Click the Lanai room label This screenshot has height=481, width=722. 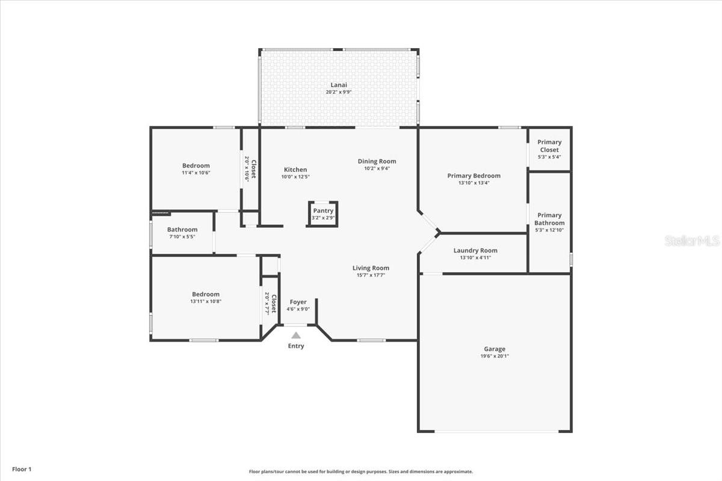pos(339,85)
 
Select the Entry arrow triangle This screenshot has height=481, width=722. pos(296,335)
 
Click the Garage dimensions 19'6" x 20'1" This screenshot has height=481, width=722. pos(494,356)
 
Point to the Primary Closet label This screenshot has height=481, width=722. pos(549,146)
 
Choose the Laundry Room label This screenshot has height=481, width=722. pos(475,251)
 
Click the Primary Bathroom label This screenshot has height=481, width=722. pos(549,219)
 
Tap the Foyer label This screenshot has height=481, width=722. pos(298,302)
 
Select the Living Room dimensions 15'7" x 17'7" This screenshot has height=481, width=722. pos(371,275)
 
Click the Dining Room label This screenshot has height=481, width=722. pos(377,161)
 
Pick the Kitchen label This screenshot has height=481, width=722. pos(295,170)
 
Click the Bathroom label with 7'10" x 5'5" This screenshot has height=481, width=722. pos(182,230)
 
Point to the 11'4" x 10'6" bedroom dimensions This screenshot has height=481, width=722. pos(196,173)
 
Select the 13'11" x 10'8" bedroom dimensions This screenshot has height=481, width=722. pos(206,301)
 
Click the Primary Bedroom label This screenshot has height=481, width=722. pos(474,176)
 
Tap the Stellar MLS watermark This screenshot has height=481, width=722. pos(692,241)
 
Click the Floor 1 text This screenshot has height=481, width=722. pos(22,468)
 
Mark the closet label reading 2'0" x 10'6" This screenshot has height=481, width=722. pos(247,169)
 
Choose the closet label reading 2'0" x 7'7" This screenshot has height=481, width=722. pos(267,304)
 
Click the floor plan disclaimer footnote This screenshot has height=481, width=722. pos(361,472)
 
